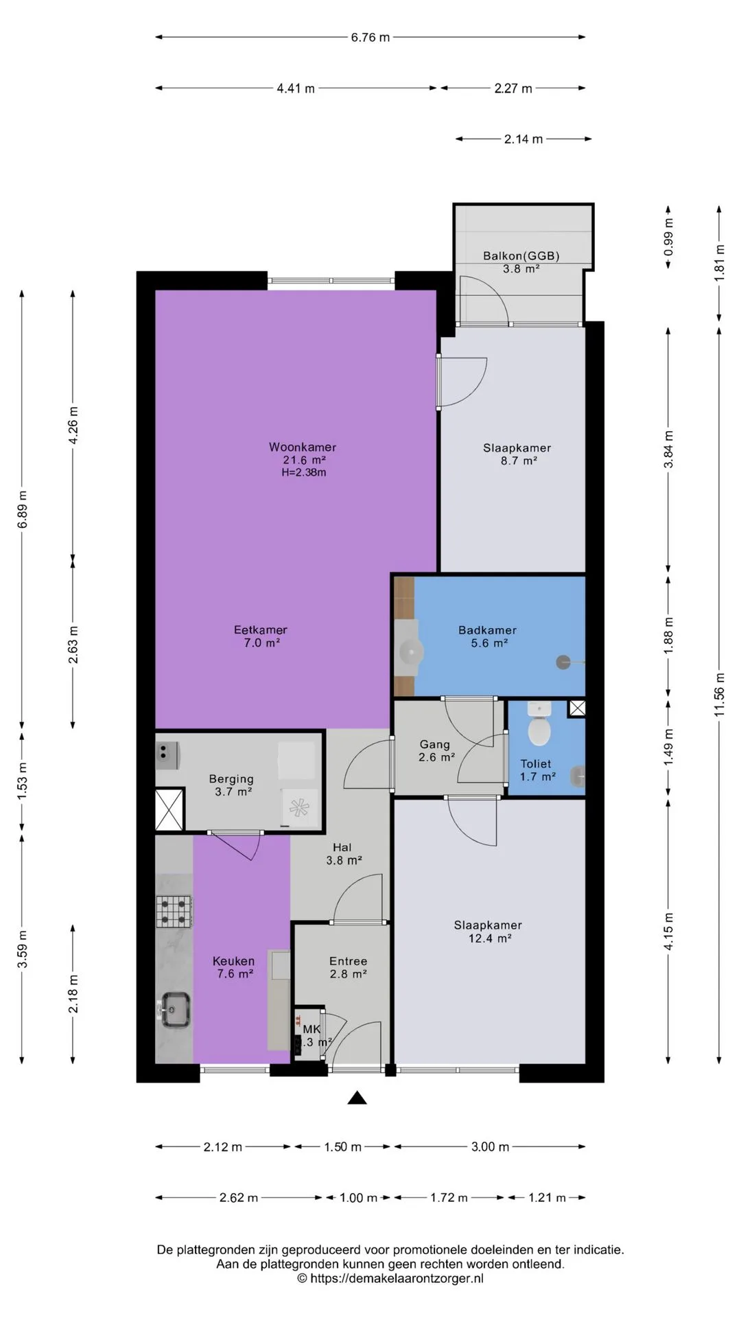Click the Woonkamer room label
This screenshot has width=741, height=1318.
point(303,448)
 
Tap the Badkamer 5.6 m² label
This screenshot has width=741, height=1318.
point(488,636)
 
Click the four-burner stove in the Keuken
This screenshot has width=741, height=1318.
point(174,912)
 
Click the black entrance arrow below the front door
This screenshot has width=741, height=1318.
point(357,1098)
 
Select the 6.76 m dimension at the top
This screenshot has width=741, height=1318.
point(370,37)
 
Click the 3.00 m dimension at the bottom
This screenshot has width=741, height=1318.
point(490,1146)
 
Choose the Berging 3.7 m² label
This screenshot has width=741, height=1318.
point(232,785)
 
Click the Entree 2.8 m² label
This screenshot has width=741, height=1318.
point(348,967)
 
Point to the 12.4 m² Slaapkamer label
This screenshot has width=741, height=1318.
point(489,932)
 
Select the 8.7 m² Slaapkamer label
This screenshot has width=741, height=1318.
point(517,454)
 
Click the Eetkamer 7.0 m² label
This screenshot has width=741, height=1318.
point(261,636)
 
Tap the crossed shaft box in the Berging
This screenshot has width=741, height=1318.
point(169,810)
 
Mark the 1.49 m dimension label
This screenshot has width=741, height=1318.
point(668,748)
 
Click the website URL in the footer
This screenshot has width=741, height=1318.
point(390,1278)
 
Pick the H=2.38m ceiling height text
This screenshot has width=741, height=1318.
point(304,472)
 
